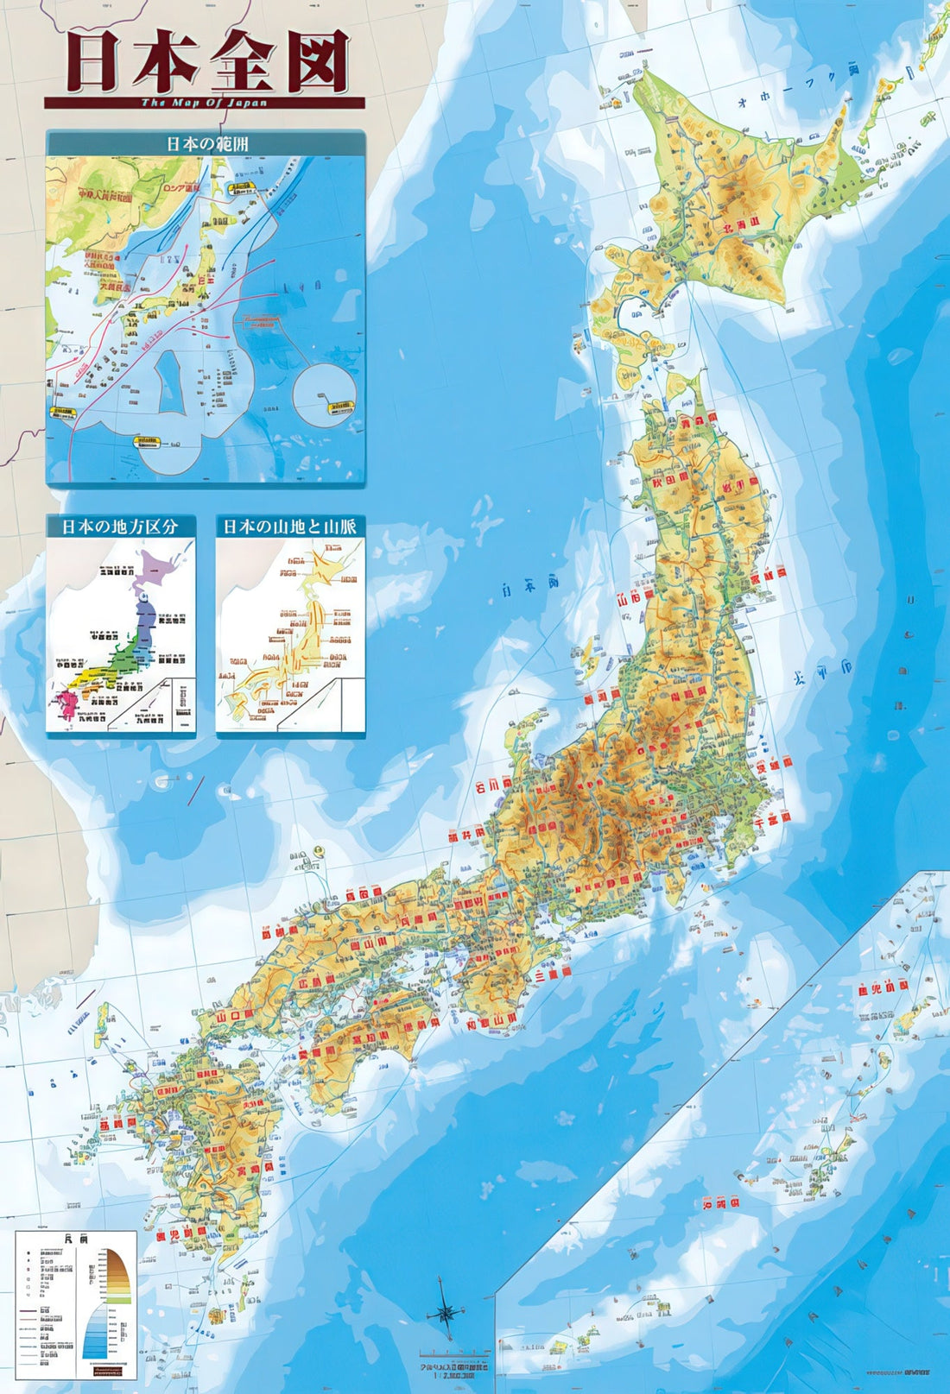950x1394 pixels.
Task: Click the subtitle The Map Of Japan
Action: (204, 102)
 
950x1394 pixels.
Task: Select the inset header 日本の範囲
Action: (206, 143)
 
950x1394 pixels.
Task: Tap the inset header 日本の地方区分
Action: (120, 527)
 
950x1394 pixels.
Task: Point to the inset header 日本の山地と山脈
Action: (290, 527)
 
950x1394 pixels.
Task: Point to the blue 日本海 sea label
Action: (529, 586)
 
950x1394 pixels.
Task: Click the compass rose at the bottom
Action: (446, 1313)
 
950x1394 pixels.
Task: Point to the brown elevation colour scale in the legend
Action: (119, 1273)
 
